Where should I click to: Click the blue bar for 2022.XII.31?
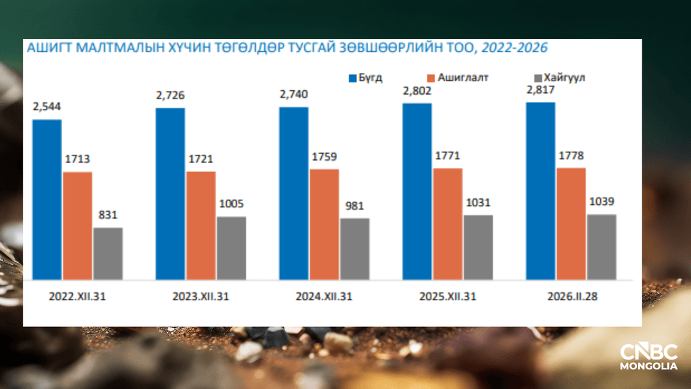[47, 199]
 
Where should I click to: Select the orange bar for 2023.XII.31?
[201, 225]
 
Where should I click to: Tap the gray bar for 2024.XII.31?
[354, 248]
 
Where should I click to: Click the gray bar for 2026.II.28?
[601, 246]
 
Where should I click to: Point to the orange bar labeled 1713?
[77, 225]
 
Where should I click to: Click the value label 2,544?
[47, 106]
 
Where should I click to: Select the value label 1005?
[231, 204]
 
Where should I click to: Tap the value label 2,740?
[294, 94]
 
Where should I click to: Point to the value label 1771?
[447, 155]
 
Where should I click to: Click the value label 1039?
[601, 202]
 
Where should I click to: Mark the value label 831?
[107, 215]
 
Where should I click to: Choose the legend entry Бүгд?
[365, 77]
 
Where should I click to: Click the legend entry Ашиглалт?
[457, 77]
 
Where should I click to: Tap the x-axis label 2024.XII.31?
[324, 297]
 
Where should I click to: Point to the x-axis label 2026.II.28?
[571, 297]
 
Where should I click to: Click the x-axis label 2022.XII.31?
[77, 297]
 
